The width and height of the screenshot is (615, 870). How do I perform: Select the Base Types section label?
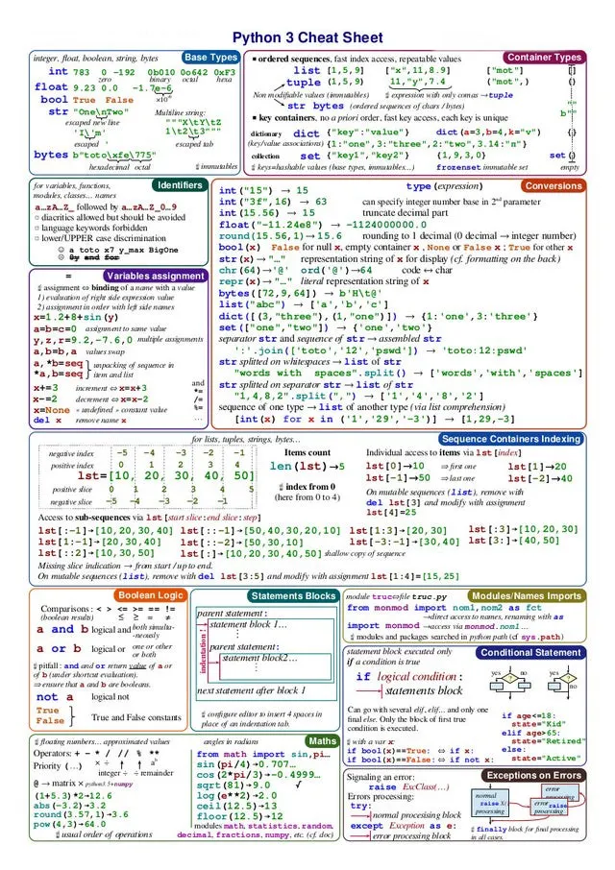click(x=210, y=58)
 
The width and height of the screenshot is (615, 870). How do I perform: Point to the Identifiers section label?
click(x=179, y=183)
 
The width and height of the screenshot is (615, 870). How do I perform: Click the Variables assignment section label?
click(x=154, y=276)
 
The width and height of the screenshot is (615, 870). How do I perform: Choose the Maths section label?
click(x=322, y=741)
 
